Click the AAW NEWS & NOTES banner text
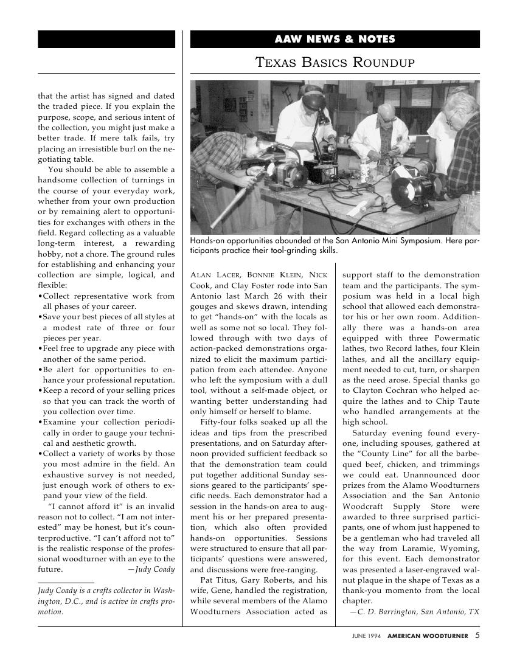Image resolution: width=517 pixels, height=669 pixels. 335,40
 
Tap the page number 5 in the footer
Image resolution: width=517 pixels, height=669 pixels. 477,636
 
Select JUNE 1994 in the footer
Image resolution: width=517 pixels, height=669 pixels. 366,636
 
